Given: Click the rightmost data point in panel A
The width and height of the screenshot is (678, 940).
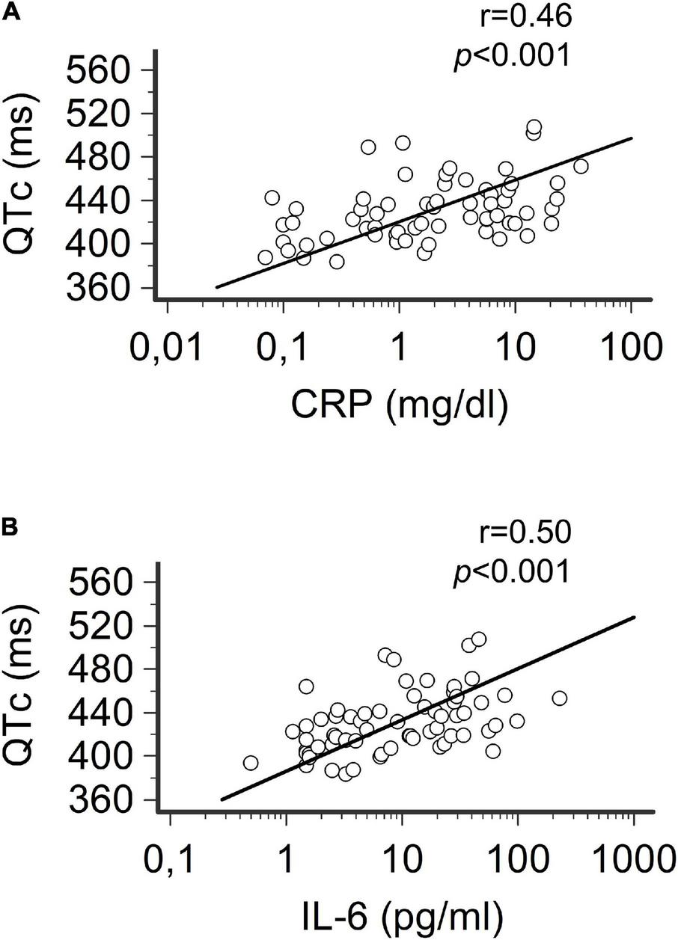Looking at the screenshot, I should point(581,166).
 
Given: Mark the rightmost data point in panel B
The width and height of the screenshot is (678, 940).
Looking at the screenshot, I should point(559,698).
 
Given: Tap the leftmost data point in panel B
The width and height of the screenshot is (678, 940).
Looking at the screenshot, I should point(251,763).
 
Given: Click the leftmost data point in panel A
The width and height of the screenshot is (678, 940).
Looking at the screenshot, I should point(265,257).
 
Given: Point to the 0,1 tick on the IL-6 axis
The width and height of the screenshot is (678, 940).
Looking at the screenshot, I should point(170,862).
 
